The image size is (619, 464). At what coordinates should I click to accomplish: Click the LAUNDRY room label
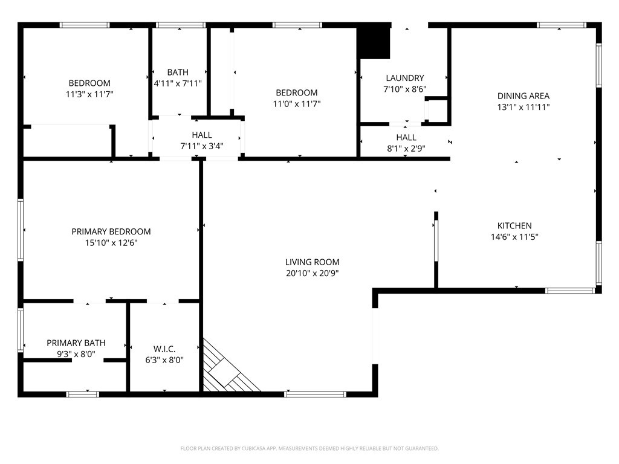tap(404, 78)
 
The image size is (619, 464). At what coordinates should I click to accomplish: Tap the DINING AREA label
tap(523, 95)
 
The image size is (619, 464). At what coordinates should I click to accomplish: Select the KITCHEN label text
tap(514, 225)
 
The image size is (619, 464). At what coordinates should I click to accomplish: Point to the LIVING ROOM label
tap(312, 262)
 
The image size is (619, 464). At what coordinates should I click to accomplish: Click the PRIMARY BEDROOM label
tap(111, 231)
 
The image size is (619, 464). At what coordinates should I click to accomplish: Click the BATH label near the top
tap(178, 72)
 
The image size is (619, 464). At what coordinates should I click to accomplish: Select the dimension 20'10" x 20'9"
tap(312, 273)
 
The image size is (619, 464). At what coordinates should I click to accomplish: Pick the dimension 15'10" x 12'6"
tap(111, 243)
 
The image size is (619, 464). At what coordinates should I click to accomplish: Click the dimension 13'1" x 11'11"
tap(523, 107)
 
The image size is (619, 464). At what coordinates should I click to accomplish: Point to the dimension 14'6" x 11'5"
tap(514, 237)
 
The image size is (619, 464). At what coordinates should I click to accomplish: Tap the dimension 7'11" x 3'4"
tap(202, 146)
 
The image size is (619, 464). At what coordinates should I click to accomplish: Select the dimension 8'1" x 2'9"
tap(406, 149)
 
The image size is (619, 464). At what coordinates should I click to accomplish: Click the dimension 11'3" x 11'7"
tap(89, 94)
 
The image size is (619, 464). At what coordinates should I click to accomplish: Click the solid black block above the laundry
tap(374, 42)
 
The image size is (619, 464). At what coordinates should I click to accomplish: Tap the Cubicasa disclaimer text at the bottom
tap(309, 448)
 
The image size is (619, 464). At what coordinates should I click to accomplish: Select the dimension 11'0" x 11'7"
tap(296, 104)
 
